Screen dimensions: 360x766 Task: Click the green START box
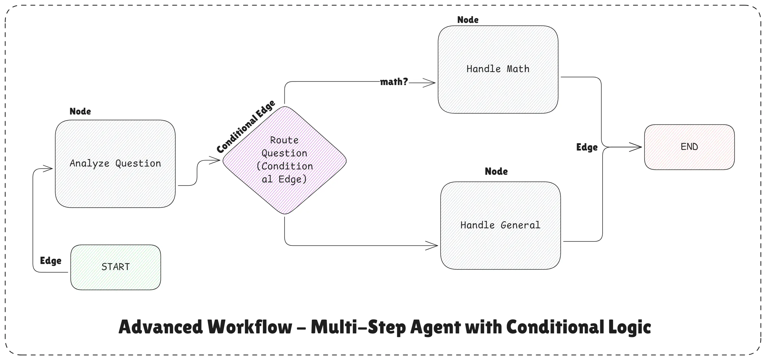pos(116,267)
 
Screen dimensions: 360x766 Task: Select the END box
pos(689,147)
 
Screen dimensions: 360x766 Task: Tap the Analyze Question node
pos(115,164)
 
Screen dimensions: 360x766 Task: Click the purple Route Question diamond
pos(284,160)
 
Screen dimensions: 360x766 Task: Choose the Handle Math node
pos(498,69)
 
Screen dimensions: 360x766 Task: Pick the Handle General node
pos(500,225)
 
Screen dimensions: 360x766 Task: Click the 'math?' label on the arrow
pos(394,82)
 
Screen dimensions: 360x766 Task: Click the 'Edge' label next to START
pos(51,261)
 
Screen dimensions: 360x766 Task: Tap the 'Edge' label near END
pos(587,147)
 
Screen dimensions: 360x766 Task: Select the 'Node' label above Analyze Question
pos(80,111)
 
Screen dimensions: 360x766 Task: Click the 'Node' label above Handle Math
pos(468,20)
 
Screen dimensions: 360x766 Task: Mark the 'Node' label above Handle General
pos(496,171)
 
